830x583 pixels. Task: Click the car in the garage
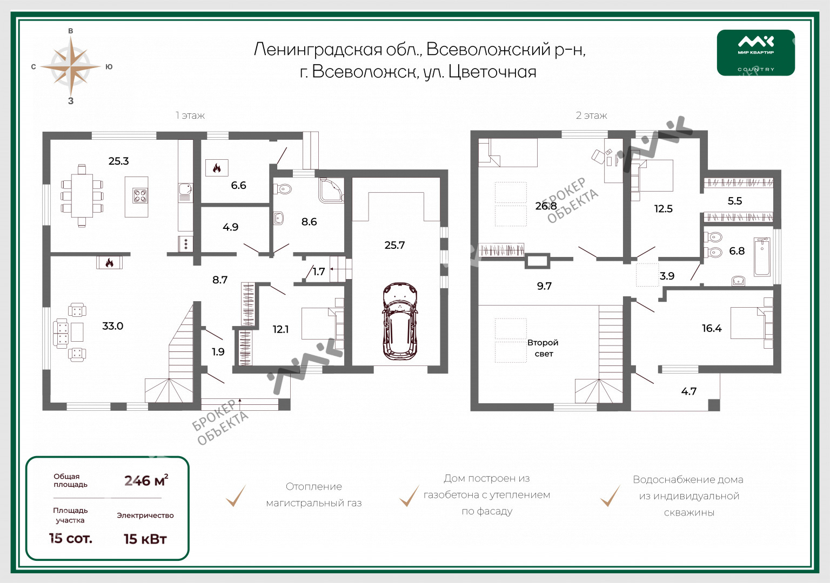pos(400,321)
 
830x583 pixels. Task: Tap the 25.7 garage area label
pos(394,245)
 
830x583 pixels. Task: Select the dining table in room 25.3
pos(82,195)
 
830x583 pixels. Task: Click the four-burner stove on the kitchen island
pos(140,196)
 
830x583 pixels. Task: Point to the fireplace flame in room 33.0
pos(109,262)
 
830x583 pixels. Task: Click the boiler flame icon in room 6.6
pos(217,168)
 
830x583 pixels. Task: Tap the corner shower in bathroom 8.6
pos(331,190)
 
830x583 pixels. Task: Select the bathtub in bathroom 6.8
pos(762,256)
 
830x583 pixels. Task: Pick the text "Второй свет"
pos(543,348)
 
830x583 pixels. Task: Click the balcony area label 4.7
pos(688,391)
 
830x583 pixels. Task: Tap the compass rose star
pos(70,66)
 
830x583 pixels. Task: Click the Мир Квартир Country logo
pos(756,52)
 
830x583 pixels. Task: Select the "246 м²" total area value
pos(146,480)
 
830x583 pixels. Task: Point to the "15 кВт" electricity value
pos(145,539)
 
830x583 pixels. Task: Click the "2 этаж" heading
pos(591,116)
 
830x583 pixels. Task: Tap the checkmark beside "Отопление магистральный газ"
pos(236,496)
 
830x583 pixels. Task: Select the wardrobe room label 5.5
pos(735,201)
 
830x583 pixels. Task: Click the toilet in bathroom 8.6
pos(283,189)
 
